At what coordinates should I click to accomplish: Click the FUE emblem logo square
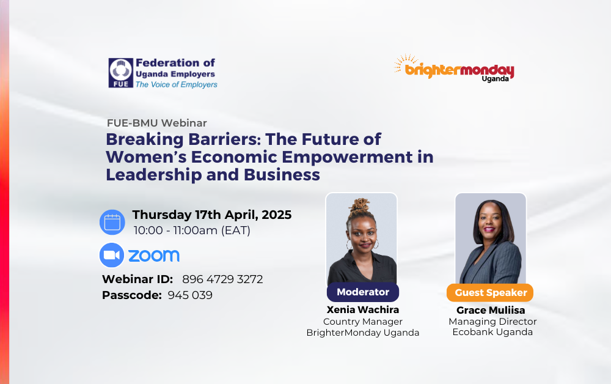(121, 73)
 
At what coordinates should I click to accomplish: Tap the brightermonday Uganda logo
(454, 68)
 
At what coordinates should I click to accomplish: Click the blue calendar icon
(112, 222)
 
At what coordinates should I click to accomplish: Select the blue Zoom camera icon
(112, 255)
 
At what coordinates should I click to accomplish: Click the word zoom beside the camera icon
(154, 256)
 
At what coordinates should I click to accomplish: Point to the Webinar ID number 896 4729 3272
(222, 279)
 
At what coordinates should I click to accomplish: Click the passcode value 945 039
(190, 295)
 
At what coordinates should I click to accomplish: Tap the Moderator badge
(363, 292)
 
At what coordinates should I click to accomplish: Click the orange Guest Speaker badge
(490, 292)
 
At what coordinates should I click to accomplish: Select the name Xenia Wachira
(363, 309)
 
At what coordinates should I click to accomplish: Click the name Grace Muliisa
(491, 310)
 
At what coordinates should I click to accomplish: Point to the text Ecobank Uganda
(492, 332)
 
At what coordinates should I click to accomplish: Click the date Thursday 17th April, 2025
(212, 215)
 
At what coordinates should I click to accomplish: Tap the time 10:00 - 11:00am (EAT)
(192, 231)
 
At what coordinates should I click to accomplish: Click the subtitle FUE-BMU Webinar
(156, 123)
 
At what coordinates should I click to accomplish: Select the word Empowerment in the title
(347, 157)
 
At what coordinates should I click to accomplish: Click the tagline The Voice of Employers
(176, 84)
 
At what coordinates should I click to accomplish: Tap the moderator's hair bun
(360, 205)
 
